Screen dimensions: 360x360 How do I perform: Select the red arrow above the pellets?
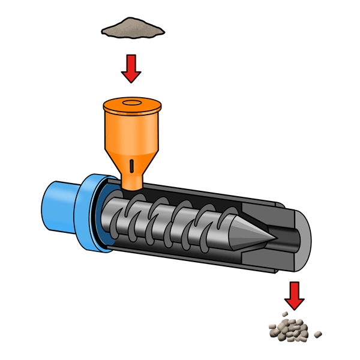click(294, 294)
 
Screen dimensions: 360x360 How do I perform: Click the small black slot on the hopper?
click(131, 164)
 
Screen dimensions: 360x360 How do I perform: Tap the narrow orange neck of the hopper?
click(131, 179)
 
